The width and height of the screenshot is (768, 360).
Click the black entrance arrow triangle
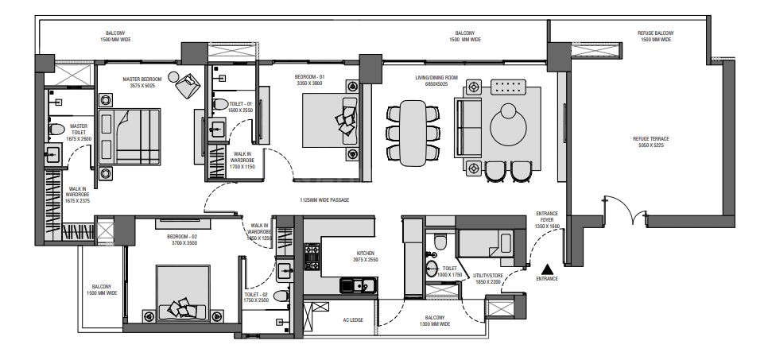[547, 269]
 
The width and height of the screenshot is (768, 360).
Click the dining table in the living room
[413, 134]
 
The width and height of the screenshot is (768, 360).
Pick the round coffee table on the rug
[508, 126]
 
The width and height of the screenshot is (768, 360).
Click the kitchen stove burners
[312, 257]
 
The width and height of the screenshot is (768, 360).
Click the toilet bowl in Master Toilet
[56, 129]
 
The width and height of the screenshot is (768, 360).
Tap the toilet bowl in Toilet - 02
[281, 296]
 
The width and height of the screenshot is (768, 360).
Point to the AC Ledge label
[353, 319]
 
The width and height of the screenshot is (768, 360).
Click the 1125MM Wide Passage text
[324, 199]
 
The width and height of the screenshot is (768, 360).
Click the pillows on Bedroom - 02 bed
[182, 308]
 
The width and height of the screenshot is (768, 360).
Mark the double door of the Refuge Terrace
[625, 211]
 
